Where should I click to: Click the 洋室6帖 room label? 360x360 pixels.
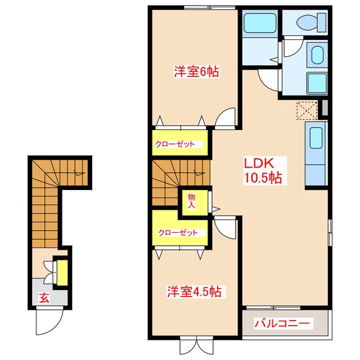196,71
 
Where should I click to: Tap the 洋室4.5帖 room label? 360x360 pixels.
196,292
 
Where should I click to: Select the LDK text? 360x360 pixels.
258,163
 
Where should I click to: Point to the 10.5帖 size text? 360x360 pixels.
262,178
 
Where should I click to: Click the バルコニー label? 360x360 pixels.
282,324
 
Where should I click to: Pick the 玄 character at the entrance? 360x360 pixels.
43,298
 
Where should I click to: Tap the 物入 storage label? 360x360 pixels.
191,201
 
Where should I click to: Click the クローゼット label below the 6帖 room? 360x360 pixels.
175,144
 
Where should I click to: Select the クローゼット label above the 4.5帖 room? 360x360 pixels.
177,232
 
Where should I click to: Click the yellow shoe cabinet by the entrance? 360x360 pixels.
63,271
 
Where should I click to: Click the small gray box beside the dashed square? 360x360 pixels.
322,109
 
